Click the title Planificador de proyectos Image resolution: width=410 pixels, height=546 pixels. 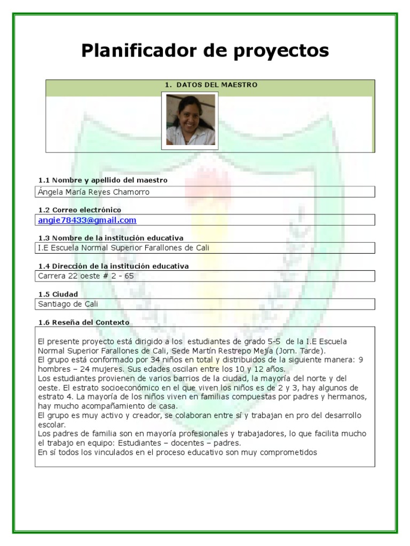(205, 51)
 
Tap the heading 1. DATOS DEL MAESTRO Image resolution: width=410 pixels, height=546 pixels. (211, 85)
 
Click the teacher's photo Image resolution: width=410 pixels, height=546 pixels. (191, 120)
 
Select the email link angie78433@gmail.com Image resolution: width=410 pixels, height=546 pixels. (87, 220)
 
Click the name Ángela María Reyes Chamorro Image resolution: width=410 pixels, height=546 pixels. (94, 192)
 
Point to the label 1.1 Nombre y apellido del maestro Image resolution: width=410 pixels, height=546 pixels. (103, 180)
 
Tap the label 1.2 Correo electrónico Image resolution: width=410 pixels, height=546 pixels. (80, 210)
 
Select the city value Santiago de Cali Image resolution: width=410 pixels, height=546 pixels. (68, 304)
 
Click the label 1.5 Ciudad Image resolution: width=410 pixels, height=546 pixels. (58, 294)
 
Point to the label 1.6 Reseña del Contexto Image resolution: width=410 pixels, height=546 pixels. (84, 323)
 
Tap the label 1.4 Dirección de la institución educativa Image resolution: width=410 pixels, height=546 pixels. (113, 266)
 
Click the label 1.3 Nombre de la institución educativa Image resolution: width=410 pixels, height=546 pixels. (111, 238)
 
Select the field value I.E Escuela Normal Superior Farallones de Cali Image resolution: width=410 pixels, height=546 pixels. (123, 248)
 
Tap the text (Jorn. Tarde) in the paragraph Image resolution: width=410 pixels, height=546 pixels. (301, 351)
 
